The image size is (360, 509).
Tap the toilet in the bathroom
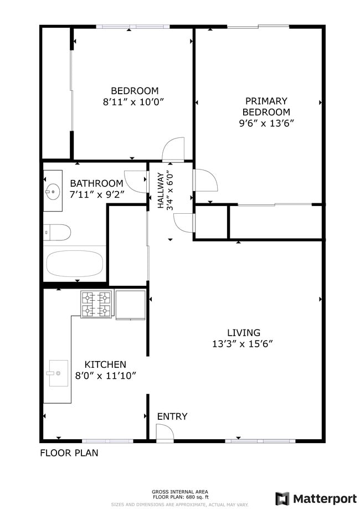point(58,232)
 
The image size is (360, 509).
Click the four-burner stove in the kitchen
point(96,304)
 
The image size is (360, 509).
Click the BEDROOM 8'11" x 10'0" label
point(135,96)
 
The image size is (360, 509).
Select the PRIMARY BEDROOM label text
point(266,106)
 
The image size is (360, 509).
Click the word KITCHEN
point(105,364)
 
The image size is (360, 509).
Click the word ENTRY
point(172,417)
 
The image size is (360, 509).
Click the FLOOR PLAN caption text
point(69,453)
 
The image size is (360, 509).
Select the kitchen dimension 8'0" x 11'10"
point(106,375)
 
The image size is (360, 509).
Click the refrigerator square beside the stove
point(130,304)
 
